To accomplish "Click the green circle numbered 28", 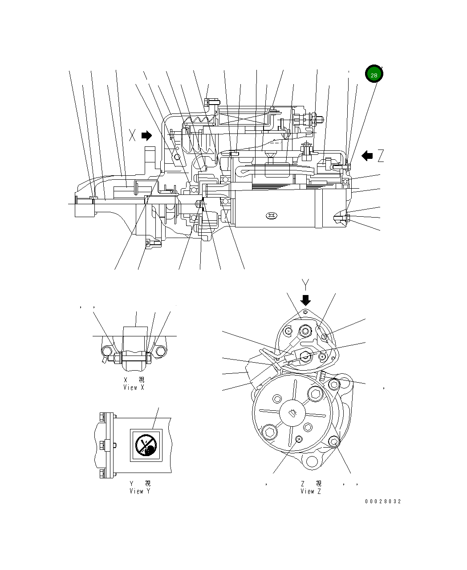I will tap(374, 75).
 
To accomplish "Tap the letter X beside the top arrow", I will tap(132, 135).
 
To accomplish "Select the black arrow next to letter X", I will tap(146, 135).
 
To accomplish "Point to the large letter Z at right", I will tap(380, 156).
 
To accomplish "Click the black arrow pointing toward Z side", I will tap(367, 156).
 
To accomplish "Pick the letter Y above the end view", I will tap(305, 284).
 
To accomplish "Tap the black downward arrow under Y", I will tap(305, 299).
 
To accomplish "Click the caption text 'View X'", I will tap(134, 388).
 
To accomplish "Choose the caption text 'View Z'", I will tap(310, 491).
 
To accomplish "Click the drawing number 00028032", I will tap(383, 501).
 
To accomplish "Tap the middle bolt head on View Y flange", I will tap(103, 445).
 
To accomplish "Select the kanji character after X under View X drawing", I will tap(142, 380).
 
